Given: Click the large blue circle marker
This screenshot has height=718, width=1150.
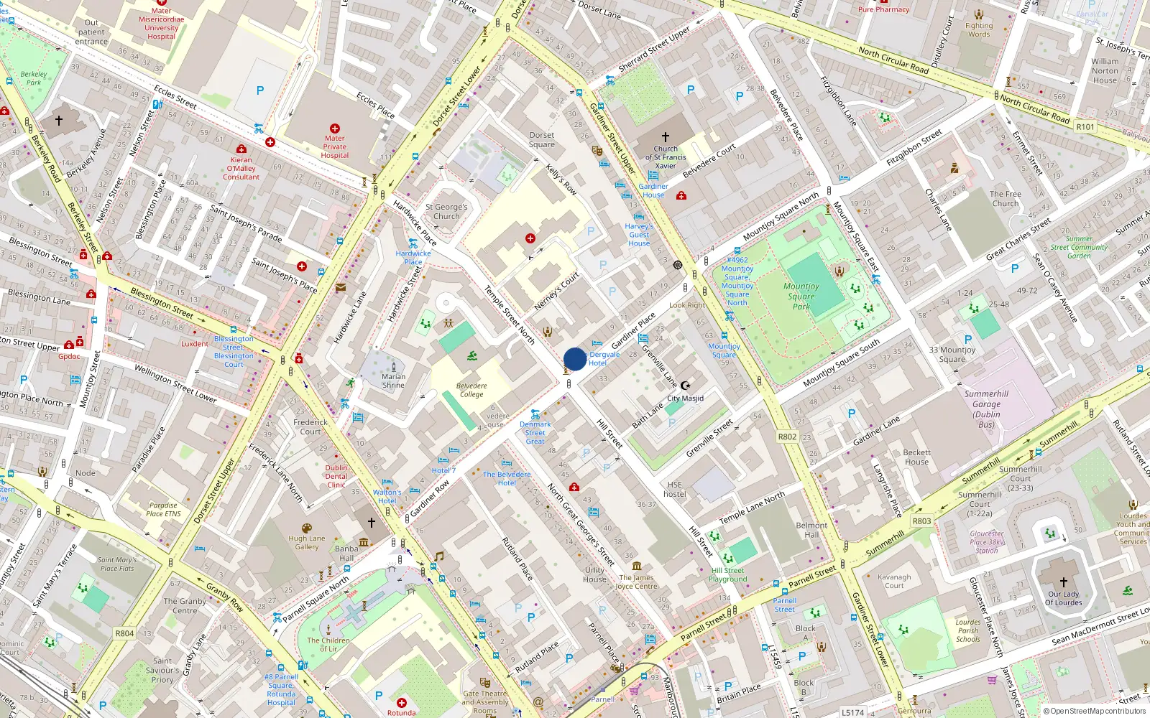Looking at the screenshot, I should [x=575, y=359].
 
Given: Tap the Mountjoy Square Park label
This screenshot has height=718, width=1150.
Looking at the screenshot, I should [x=801, y=296].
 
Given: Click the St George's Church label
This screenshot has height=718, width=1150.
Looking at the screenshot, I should [x=446, y=211].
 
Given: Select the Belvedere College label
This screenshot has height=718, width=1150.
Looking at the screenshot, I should [x=471, y=390].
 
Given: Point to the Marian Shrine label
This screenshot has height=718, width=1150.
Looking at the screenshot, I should [x=393, y=381].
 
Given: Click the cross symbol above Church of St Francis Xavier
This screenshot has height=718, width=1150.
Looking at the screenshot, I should [x=666, y=136].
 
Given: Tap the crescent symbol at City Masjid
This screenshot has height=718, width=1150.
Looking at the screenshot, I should [x=686, y=386].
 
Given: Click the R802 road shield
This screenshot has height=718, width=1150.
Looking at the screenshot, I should [x=787, y=437].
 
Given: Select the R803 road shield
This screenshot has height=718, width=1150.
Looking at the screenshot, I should [x=921, y=521].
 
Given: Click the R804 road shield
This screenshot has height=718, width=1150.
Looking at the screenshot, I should [x=124, y=633].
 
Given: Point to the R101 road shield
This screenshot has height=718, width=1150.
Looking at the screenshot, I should [x=1085, y=127].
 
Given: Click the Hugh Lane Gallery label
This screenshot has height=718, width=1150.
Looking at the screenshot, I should [x=307, y=542].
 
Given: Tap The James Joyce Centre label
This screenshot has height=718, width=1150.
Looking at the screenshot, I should [x=636, y=582].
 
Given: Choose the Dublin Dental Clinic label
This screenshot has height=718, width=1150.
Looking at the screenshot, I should [x=336, y=476].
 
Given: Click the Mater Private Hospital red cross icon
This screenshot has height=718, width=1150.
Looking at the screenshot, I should [x=335, y=129].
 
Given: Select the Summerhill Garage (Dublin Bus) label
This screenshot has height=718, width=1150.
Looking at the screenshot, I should [x=986, y=409].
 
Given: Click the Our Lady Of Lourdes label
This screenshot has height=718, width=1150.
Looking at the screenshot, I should [x=1063, y=598].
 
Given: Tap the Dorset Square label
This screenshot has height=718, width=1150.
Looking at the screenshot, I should [x=542, y=139].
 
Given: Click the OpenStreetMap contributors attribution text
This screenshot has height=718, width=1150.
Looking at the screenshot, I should [x=1095, y=711].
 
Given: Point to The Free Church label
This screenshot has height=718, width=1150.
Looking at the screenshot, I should [x=1005, y=198].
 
